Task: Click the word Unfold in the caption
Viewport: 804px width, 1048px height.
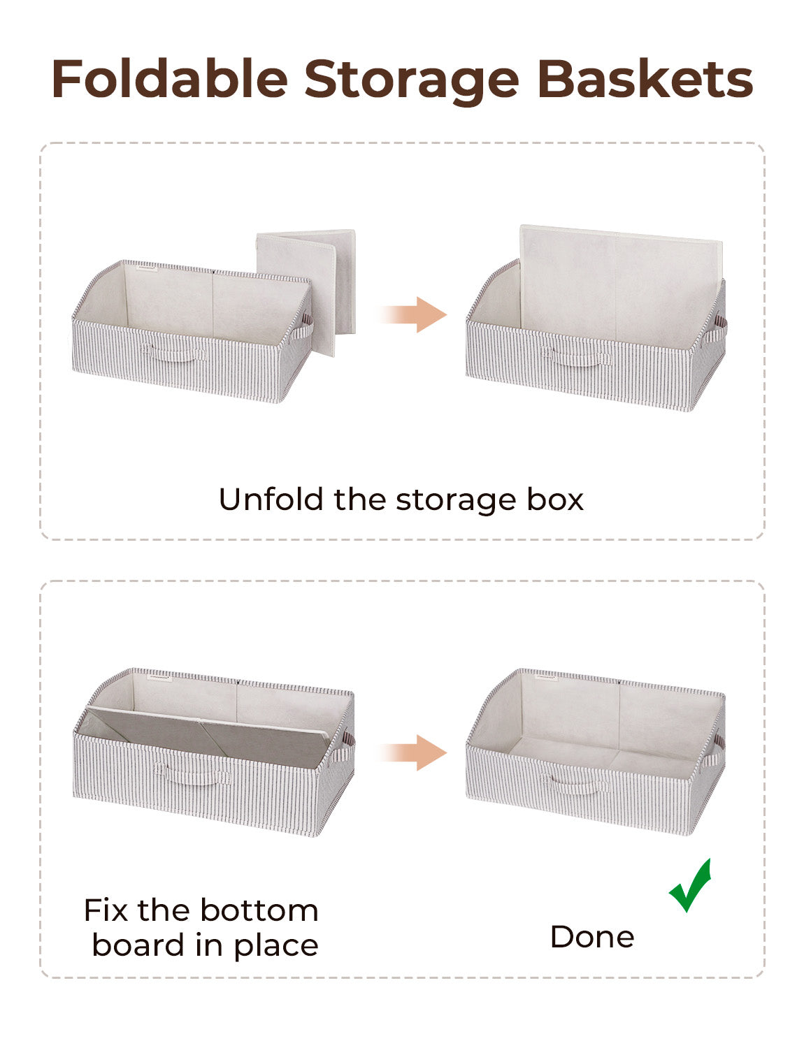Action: click(271, 500)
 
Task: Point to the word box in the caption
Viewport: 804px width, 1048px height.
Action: click(555, 500)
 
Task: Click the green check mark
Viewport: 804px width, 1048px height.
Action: click(691, 886)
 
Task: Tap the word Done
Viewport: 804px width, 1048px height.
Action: click(592, 937)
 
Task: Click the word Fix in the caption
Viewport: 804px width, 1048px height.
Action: click(106, 910)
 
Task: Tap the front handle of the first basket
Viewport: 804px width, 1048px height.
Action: click(174, 353)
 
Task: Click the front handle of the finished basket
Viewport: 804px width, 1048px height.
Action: click(575, 785)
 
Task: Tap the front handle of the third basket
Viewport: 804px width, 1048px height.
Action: click(193, 775)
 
